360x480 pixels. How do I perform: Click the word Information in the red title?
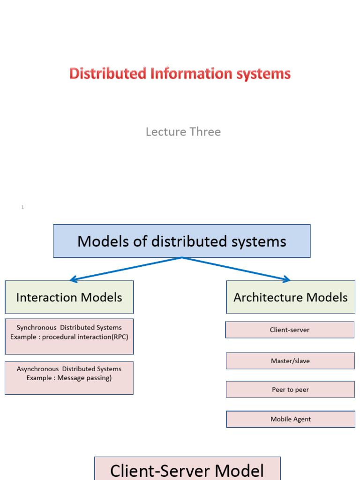tap(192, 74)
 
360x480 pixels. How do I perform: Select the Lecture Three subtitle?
tap(183, 132)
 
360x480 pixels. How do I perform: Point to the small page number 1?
tap(22, 207)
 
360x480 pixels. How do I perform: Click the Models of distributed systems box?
tap(181, 241)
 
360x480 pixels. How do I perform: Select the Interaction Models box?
tap(69, 297)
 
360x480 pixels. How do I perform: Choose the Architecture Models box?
tap(290, 297)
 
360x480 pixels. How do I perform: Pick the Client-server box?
tap(290, 330)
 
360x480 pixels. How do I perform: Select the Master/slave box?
tap(290, 361)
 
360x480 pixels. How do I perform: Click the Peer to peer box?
tap(290, 390)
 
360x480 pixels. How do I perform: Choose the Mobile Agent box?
tap(290, 419)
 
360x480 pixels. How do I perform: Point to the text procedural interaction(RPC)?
tap(85, 337)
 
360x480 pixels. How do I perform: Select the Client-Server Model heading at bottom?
tap(187, 470)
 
